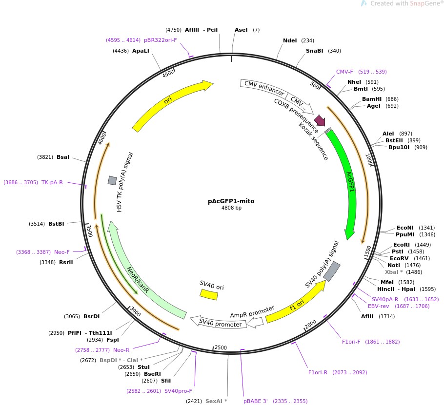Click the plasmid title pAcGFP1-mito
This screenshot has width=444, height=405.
click(231, 201)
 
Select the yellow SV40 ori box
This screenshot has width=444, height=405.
click(209, 294)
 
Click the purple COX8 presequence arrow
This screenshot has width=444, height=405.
click(320, 120)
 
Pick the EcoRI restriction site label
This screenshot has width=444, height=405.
click(402, 245)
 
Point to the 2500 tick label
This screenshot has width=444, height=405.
click(221, 347)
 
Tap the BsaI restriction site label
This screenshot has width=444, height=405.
click(63, 157)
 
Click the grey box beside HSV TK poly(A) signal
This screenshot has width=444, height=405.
click(112, 180)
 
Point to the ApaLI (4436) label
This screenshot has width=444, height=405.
click(141, 51)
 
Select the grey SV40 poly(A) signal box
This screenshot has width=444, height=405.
click(332, 271)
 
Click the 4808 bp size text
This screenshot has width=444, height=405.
click(231, 208)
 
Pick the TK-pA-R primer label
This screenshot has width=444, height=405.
click(52, 182)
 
